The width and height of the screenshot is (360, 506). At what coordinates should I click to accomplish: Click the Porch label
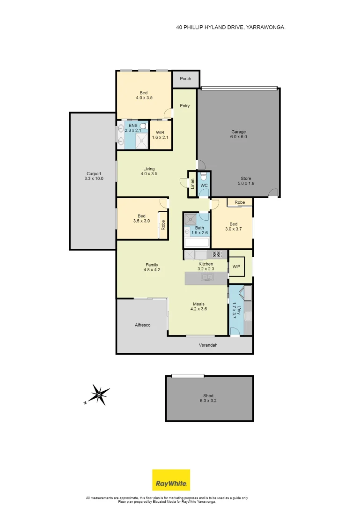pyautogui.click(x=185, y=79)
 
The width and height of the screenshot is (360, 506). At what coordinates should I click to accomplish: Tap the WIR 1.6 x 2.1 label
pyautogui.click(x=161, y=135)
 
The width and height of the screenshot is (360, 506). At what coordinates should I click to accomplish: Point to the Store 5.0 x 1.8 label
pyautogui.click(x=247, y=181)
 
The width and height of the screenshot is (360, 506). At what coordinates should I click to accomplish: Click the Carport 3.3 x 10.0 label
pyautogui.click(x=93, y=176)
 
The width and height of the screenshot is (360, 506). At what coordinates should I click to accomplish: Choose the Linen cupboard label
pyautogui.click(x=192, y=183)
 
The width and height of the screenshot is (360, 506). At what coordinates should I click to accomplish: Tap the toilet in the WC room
pyautogui.click(x=204, y=177)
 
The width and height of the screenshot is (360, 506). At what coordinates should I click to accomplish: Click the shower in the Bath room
pyautogui.click(x=191, y=218)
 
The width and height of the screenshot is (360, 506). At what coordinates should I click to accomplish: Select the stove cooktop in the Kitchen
pyautogui.click(x=217, y=254)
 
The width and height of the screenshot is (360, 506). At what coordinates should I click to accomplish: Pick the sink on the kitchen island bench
pyautogui.click(x=206, y=278)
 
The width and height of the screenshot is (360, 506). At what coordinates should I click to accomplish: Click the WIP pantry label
pyautogui.click(x=236, y=267)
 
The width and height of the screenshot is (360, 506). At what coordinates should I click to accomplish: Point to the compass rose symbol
pyautogui.click(x=99, y=394)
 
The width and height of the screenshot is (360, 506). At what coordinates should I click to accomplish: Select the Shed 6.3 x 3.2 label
pyautogui.click(x=209, y=398)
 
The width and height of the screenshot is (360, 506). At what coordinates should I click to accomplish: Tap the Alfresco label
pyautogui.click(x=143, y=325)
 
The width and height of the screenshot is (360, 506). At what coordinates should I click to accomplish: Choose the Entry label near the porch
pyautogui.click(x=185, y=106)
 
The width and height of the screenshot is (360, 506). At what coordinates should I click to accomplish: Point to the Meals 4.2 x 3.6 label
pyautogui.click(x=198, y=306)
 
